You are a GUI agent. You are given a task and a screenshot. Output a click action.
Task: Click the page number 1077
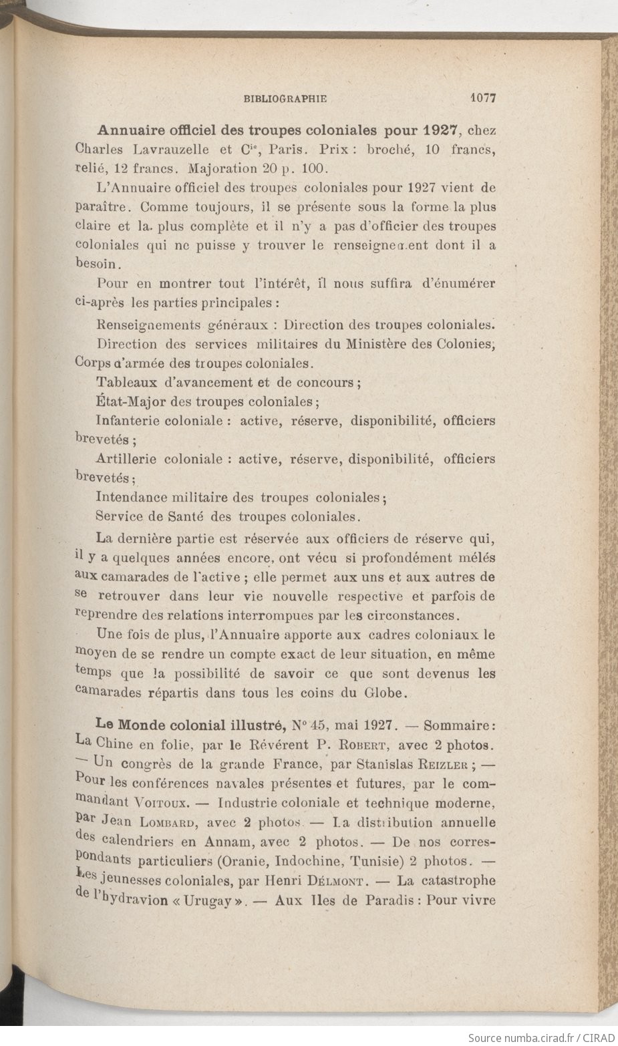tap(482, 98)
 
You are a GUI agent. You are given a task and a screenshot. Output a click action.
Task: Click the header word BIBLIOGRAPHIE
tap(285, 99)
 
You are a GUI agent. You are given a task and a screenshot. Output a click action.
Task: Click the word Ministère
tap(376, 345)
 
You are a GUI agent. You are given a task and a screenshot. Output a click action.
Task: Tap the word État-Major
tap(131, 402)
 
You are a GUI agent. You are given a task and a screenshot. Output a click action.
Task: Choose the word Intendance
tap(131, 498)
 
